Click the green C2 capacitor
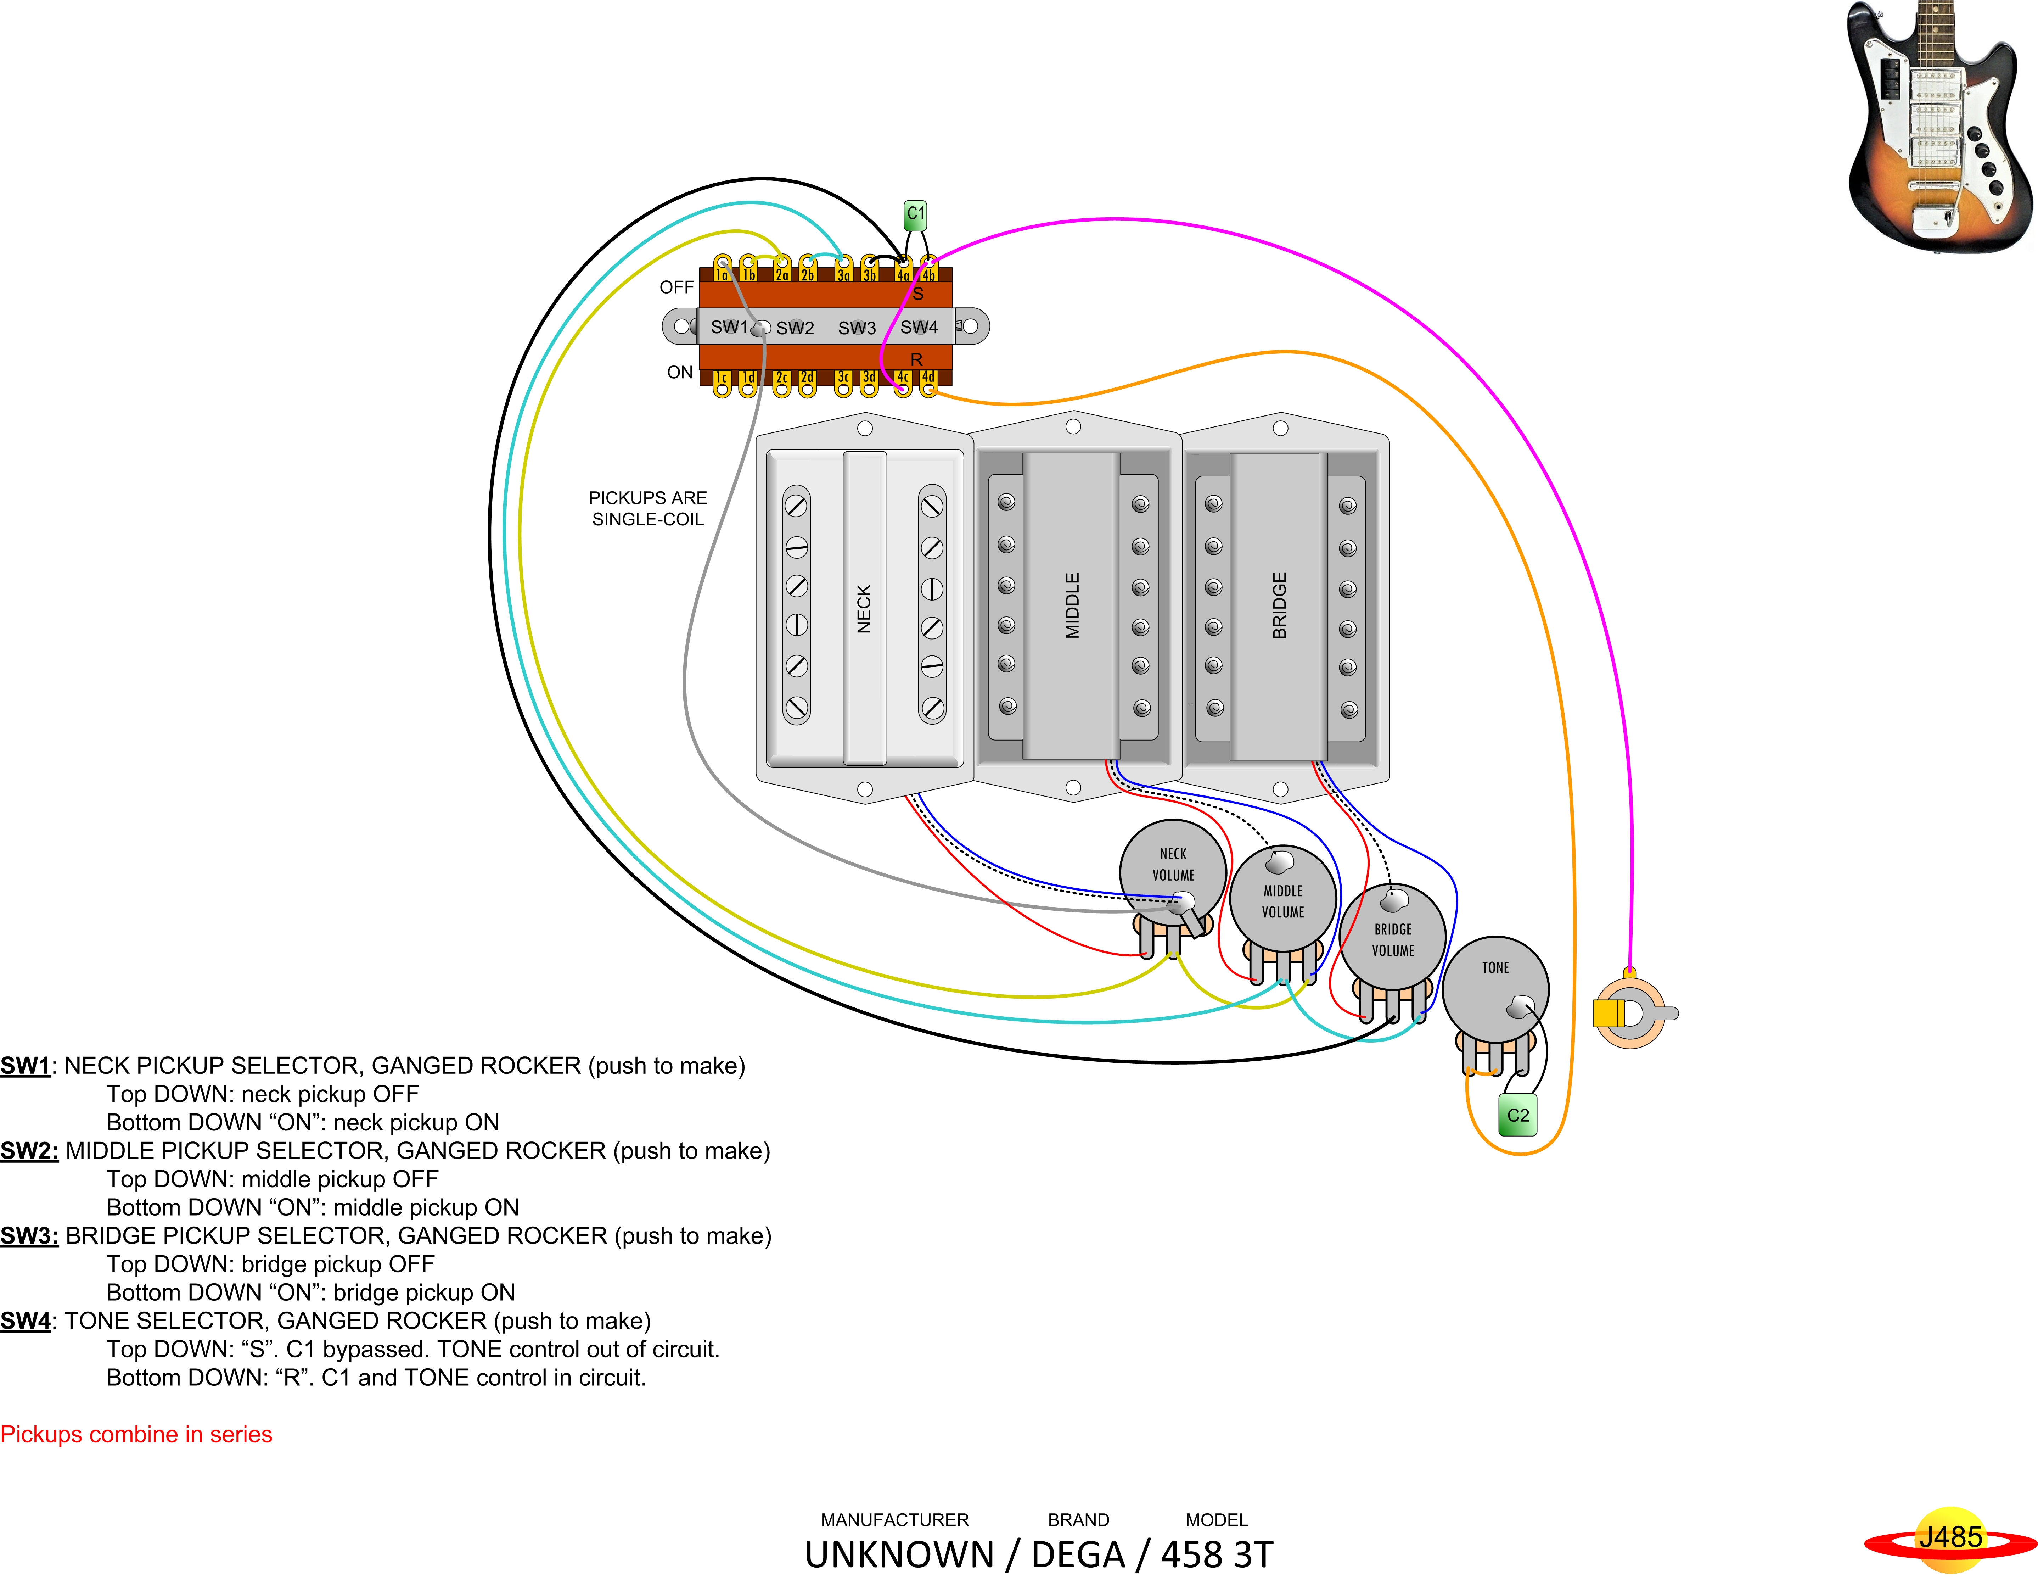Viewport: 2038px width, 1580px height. pyautogui.click(x=1517, y=1115)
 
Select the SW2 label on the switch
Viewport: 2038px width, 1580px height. pyautogui.click(x=795, y=328)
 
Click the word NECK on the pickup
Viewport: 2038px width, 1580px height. pyautogui.click(x=864, y=609)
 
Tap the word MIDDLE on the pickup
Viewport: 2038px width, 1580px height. pyautogui.click(x=1072, y=606)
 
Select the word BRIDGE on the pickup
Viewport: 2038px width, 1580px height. pyautogui.click(x=1279, y=606)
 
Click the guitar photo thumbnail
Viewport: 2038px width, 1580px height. pyautogui.click(x=1939, y=126)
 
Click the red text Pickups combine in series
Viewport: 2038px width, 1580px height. pyautogui.click(x=136, y=1434)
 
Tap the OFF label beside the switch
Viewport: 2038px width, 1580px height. pyautogui.click(x=676, y=287)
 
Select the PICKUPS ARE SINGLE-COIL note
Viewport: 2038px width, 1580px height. pyautogui.click(x=647, y=509)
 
